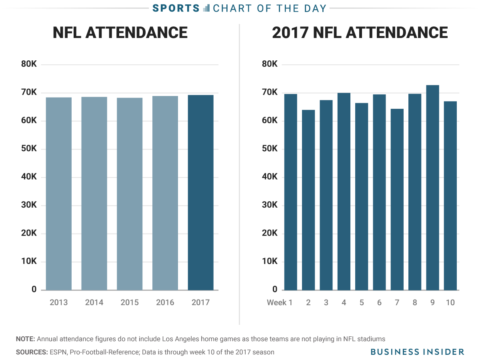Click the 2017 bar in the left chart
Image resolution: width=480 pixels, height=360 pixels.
(x=200, y=192)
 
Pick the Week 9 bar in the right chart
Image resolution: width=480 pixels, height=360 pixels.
(x=432, y=188)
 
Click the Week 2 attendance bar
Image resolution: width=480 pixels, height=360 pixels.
(x=308, y=200)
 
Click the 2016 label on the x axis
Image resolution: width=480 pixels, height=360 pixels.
(x=165, y=302)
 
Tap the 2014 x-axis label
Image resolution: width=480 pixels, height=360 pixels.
(x=94, y=302)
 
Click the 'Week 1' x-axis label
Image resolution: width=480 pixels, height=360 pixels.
(x=280, y=302)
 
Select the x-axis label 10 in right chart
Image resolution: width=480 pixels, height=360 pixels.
(x=450, y=302)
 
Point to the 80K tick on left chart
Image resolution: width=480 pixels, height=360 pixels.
(x=29, y=64)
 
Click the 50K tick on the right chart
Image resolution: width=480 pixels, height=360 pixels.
(x=270, y=149)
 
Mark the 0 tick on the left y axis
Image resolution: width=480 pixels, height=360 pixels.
(x=34, y=290)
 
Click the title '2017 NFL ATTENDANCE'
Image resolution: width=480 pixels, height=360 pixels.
(x=360, y=32)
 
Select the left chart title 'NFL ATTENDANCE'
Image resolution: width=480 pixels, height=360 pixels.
(x=120, y=32)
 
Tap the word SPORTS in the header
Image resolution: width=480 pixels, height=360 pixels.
(x=176, y=8)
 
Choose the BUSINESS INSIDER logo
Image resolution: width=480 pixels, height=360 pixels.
(x=417, y=352)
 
